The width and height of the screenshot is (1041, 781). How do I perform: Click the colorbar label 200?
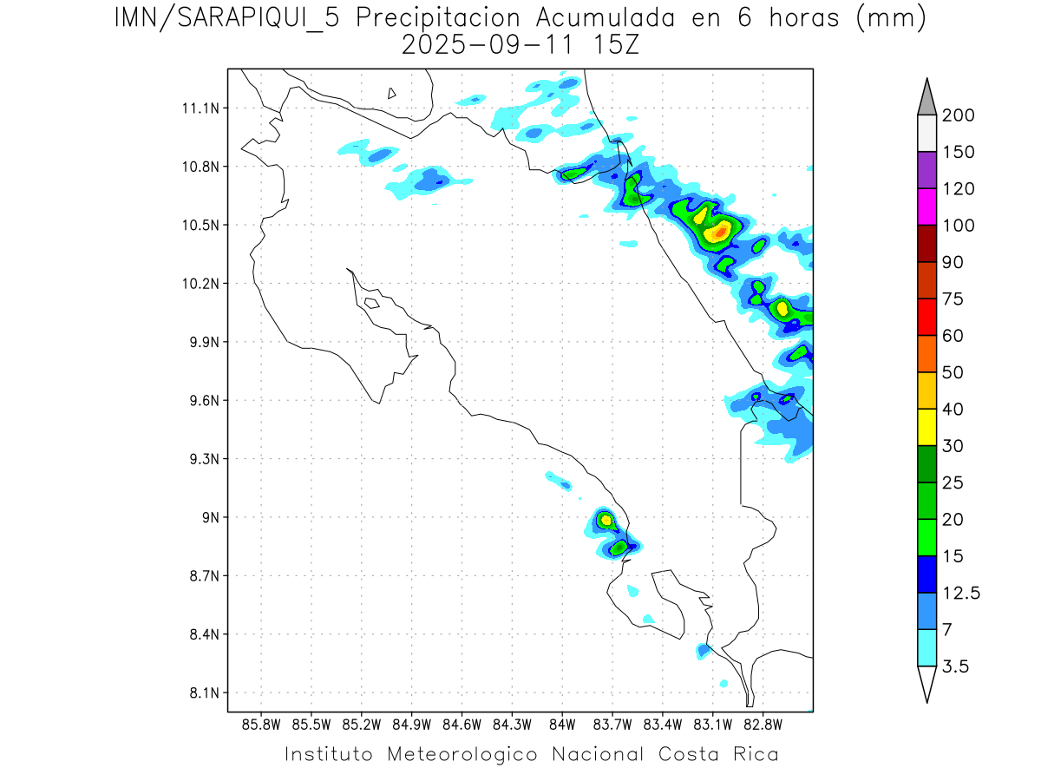coord(958,115)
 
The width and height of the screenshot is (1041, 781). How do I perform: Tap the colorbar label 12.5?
coord(961,593)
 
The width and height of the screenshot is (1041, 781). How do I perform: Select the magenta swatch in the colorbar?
coord(926,207)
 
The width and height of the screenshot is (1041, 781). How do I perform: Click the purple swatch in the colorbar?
coord(926,170)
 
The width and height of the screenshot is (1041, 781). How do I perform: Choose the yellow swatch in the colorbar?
coord(926,427)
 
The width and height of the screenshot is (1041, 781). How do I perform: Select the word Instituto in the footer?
coord(329,754)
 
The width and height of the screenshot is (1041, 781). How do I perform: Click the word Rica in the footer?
coord(755,754)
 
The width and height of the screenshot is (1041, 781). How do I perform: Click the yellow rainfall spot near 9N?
coord(606,520)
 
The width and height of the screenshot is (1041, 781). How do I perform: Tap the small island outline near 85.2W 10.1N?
coord(371,303)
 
